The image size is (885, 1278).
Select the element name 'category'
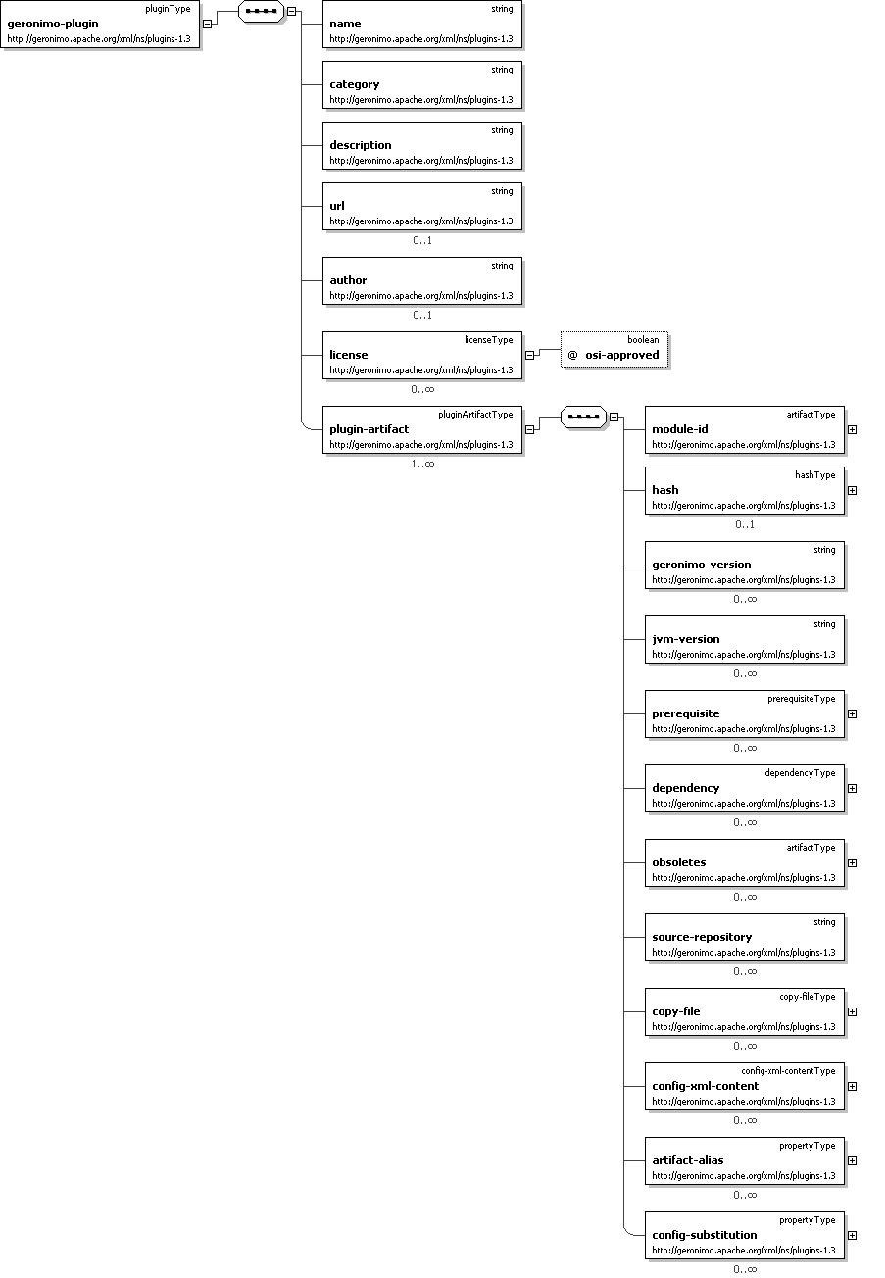click(354, 84)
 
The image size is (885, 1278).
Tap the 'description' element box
click(422, 146)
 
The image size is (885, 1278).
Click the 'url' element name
click(337, 206)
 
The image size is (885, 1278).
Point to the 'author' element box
click(422, 281)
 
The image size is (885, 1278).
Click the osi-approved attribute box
click(615, 349)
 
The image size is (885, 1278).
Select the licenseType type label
click(488, 340)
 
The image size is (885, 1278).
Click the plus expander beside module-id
click(852, 429)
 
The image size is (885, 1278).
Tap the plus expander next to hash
click(852, 490)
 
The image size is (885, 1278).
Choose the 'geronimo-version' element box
click(745, 565)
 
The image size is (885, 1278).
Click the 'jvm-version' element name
click(687, 639)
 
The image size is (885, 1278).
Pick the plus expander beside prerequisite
click(852, 713)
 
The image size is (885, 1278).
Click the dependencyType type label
click(800, 773)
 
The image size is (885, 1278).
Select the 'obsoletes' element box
click(745, 863)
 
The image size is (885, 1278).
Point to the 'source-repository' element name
click(702, 937)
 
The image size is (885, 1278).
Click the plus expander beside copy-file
click(852, 1011)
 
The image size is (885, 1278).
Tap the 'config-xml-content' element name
click(705, 1086)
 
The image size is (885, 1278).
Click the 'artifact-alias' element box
click(745, 1161)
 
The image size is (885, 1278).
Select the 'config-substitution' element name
click(704, 1235)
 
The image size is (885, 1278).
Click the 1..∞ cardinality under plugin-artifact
click(422, 464)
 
